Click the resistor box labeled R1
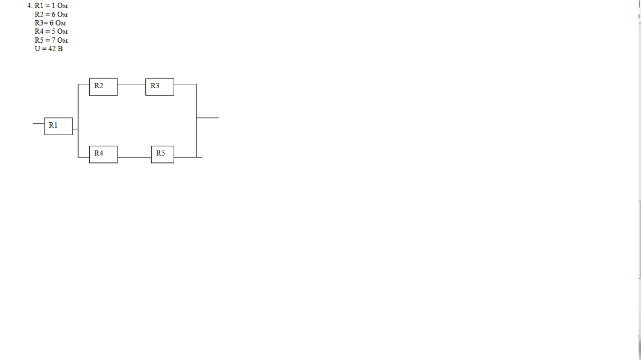pos(59,127)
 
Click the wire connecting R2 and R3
pos(131,83)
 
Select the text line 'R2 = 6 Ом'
pos(51,14)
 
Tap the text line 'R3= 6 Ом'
pos(50,23)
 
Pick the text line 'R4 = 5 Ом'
pos(51,32)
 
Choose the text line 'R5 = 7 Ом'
pos(51,40)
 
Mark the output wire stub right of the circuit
pos(208,118)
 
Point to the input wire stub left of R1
pos(39,123)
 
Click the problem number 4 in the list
pos(29,6)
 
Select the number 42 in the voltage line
pos(52,49)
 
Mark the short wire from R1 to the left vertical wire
pos(76,129)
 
